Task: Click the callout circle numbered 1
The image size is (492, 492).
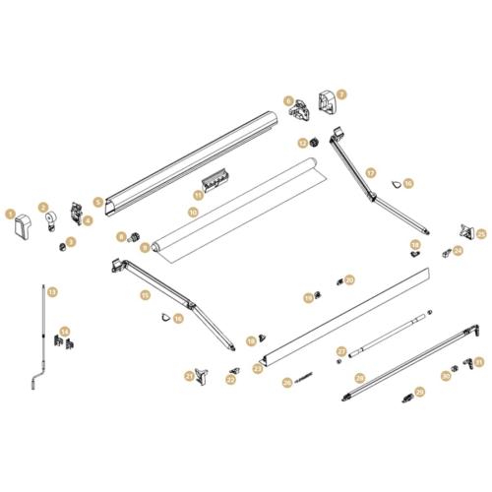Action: pyautogui.click(x=10, y=213)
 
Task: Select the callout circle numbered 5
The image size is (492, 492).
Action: pyautogui.click(x=98, y=201)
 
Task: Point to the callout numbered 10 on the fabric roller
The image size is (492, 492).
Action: pyautogui.click(x=193, y=213)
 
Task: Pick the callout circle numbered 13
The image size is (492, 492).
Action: pyautogui.click(x=53, y=291)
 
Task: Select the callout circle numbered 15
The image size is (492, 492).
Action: pyautogui.click(x=145, y=294)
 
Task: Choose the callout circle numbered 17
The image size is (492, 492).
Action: pyautogui.click(x=371, y=172)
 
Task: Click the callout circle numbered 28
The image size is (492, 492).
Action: pyautogui.click(x=360, y=378)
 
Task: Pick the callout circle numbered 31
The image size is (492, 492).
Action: pyautogui.click(x=480, y=361)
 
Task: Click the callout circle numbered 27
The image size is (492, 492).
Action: pyautogui.click(x=341, y=350)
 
